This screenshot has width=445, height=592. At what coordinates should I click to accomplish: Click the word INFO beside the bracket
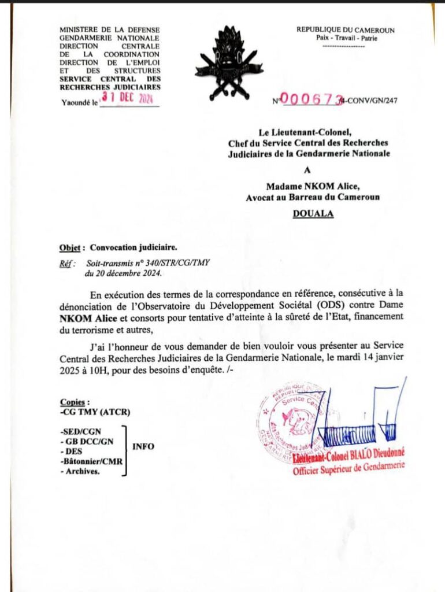[143, 446]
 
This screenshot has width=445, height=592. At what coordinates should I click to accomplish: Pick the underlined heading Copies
[75, 402]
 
